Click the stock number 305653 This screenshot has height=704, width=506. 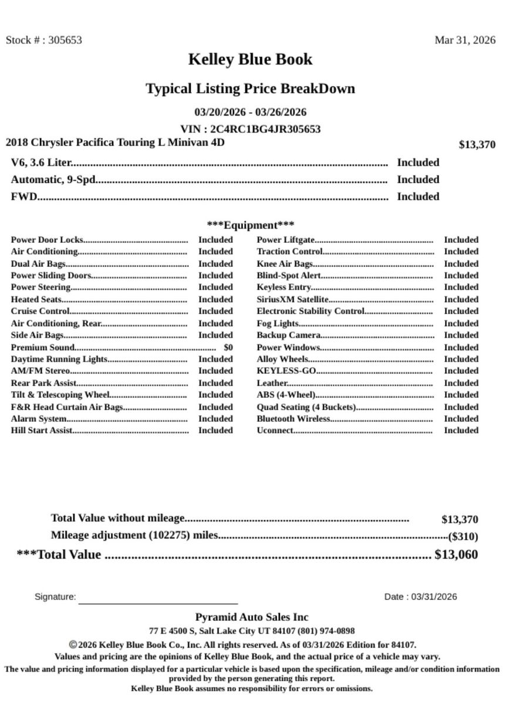click(65, 40)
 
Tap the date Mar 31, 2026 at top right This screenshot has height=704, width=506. click(464, 40)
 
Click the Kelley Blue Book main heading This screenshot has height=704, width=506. click(250, 59)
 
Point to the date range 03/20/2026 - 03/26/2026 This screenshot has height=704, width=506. click(250, 112)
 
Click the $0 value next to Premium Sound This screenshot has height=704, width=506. click(228, 347)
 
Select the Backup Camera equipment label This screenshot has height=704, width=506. click(289, 335)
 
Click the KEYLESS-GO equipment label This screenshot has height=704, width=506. click(286, 371)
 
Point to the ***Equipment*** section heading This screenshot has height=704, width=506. click(251, 225)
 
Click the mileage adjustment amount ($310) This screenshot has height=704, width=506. click(463, 536)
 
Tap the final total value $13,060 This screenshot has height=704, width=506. click(456, 554)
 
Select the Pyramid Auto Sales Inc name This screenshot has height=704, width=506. click(252, 617)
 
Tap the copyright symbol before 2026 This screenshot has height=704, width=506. click(73, 644)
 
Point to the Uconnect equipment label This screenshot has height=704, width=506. click(275, 431)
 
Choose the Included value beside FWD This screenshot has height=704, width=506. click(418, 197)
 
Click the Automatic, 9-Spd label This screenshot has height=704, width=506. click(53, 180)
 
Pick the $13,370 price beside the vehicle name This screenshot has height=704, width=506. click(477, 145)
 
